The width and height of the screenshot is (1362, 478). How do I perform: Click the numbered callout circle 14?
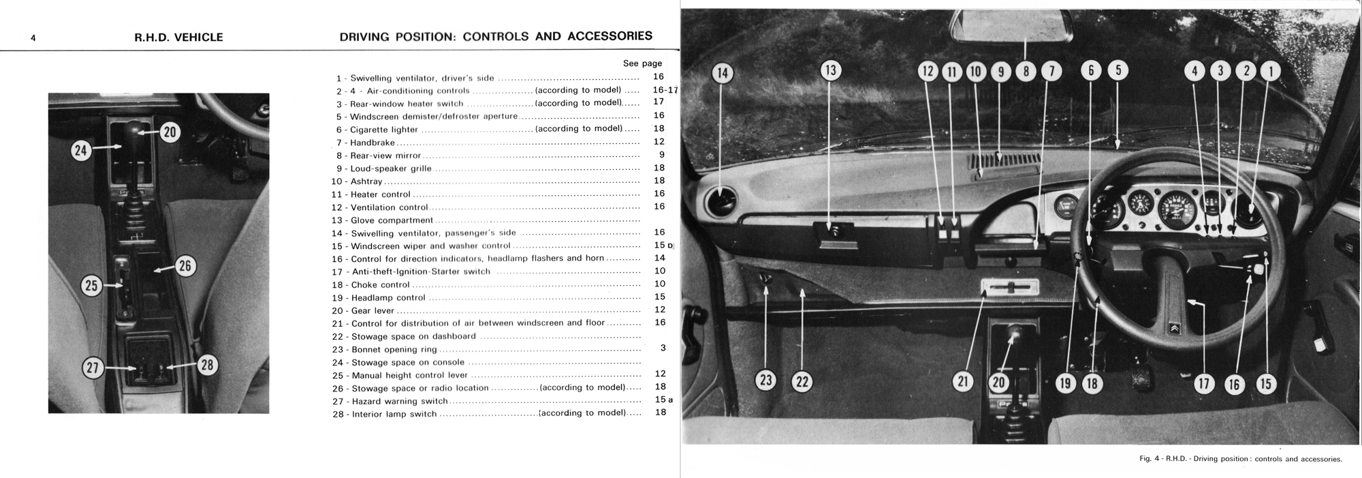(723, 73)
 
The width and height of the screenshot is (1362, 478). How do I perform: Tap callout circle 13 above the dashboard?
(830, 70)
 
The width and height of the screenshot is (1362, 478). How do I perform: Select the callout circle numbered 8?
(1026, 71)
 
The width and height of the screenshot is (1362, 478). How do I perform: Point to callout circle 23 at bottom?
(766, 380)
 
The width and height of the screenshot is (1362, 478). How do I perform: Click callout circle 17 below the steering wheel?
(1204, 384)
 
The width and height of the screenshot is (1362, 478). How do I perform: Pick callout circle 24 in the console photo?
(82, 149)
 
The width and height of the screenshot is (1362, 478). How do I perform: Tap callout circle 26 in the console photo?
(185, 266)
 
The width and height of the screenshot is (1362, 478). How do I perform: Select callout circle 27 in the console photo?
(92, 368)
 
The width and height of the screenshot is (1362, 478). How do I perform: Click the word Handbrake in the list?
(373, 143)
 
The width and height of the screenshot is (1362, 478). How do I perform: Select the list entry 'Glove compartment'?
(392, 220)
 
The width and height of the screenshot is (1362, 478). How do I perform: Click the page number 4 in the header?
(33, 38)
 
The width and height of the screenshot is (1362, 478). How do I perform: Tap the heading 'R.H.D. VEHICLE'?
(178, 38)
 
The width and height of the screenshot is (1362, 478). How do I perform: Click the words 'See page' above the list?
(642, 63)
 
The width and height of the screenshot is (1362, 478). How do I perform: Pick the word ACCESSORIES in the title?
(609, 36)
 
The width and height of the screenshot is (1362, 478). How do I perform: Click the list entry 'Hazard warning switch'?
(400, 402)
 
